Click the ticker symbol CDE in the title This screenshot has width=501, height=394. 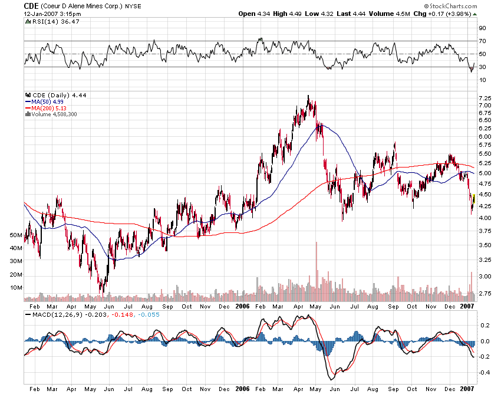tap(31, 5)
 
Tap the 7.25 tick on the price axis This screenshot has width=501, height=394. tap(484, 97)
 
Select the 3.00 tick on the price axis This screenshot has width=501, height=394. tap(484, 276)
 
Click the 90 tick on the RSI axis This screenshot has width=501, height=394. tap(482, 28)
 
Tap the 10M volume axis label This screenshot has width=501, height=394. tap(15, 287)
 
